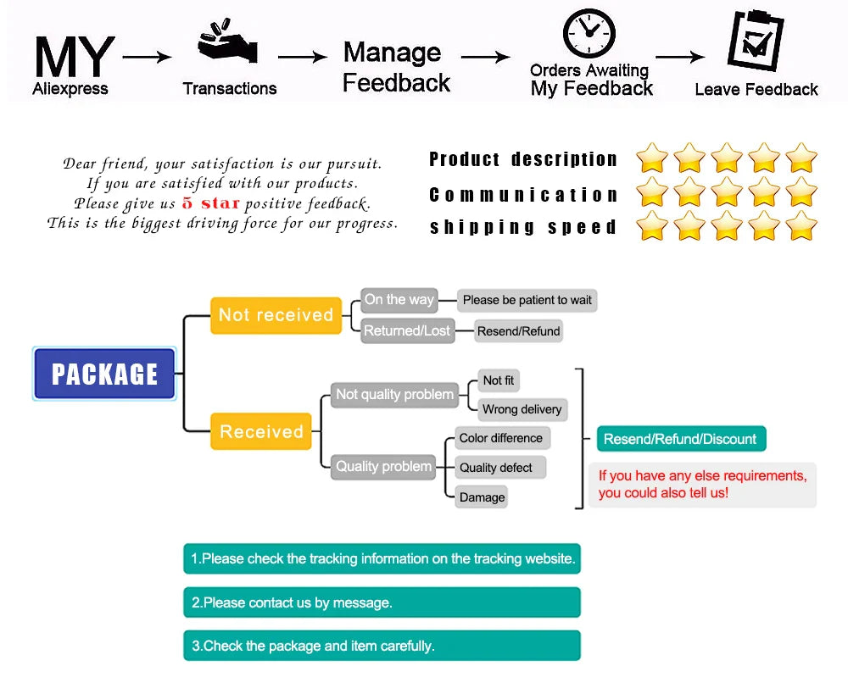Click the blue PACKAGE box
104,374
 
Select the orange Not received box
276,315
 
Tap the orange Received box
261,431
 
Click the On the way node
399,299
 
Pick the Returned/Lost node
407,330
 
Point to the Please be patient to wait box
527,300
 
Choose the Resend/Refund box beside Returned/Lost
518,331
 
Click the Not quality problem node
394,394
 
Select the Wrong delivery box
522,409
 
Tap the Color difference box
500,438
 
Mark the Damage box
482,497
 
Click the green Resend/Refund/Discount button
680,439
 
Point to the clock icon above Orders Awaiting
589,34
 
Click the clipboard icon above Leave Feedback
756,41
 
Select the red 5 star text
210,203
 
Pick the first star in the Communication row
652,192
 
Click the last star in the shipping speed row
801,226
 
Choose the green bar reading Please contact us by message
382,602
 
